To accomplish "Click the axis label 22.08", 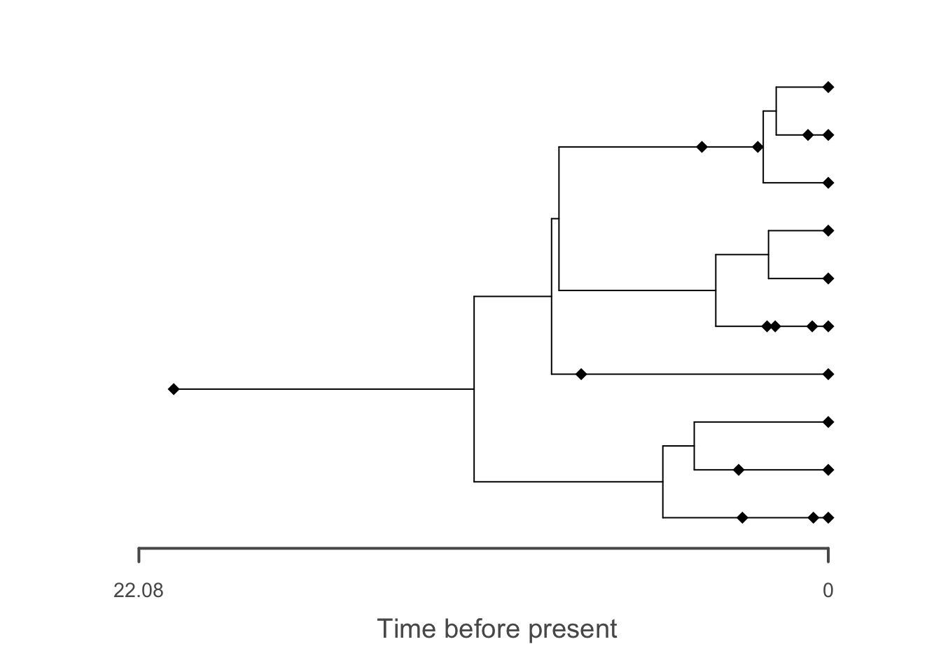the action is coord(138,591).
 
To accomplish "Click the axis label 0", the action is coord(828,591).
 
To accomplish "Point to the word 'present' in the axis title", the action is coord(573,630).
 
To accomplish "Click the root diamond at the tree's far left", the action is coord(174,389).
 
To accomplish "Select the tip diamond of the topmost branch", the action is coord(828,87).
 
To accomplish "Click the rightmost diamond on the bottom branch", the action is coord(828,518).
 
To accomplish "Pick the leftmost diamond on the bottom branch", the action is coord(742,518).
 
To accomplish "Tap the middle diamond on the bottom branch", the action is coord(814,518).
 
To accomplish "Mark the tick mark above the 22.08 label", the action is coord(139,555).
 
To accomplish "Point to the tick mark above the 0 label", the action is coord(828,555).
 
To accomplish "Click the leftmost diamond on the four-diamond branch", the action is coord(767,326).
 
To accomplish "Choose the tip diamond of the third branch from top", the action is coord(828,183).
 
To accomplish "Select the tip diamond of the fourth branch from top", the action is coord(828,230).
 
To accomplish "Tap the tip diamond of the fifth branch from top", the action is coord(828,279).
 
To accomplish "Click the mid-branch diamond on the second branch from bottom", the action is coord(739,470).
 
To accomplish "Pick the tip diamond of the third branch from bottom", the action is coord(828,422).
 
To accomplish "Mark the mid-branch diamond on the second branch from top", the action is coord(807,135).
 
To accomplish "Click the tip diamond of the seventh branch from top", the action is coord(828,374).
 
